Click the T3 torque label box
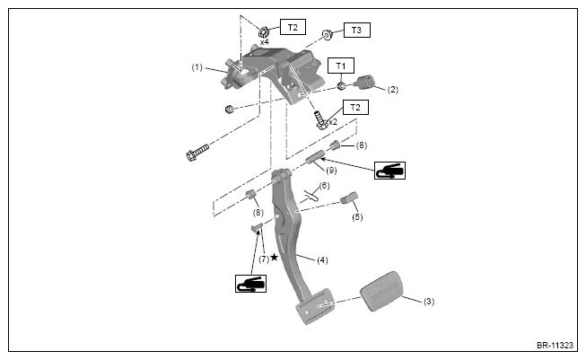[357, 31]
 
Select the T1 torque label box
[341, 66]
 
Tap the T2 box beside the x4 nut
[293, 27]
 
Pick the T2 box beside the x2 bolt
[355, 108]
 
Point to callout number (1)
[197, 67]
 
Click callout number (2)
[393, 90]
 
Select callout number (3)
[429, 302]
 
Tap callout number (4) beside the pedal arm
[322, 259]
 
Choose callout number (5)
[357, 217]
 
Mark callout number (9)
[331, 171]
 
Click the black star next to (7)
[275, 257]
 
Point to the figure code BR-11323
[555, 345]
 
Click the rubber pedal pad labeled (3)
[381, 291]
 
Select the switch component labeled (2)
[365, 83]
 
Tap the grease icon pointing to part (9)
[389, 171]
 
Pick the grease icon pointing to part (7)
[250, 284]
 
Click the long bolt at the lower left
[197, 152]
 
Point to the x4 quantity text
[264, 42]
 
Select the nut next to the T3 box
[327, 35]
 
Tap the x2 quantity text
[333, 122]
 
